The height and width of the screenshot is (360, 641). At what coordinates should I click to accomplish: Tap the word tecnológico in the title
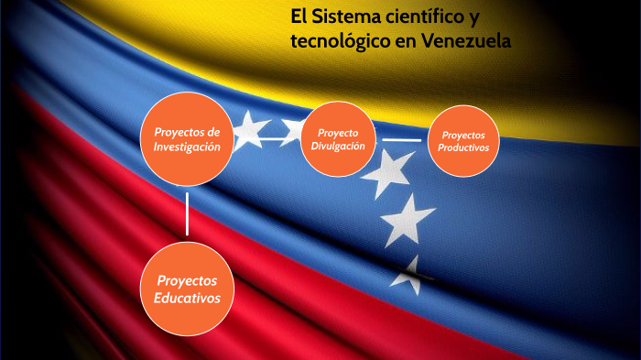point(343,41)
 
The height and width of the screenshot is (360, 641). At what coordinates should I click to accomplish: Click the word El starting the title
point(299,16)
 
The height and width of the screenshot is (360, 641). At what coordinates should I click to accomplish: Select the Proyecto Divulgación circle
point(340,139)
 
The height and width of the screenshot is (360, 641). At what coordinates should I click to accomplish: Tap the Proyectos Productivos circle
point(463,141)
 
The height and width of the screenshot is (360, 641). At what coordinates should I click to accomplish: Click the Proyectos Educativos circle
point(187,289)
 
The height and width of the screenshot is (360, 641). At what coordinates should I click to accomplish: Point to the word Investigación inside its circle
point(187,147)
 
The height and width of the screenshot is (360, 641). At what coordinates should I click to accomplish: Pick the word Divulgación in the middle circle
point(339,147)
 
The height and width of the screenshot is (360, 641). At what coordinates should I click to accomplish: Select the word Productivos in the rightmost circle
point(463,147)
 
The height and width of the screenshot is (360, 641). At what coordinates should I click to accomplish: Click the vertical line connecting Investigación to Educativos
point(187,213)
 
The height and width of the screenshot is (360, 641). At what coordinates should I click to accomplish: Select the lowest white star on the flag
point(413,274)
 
